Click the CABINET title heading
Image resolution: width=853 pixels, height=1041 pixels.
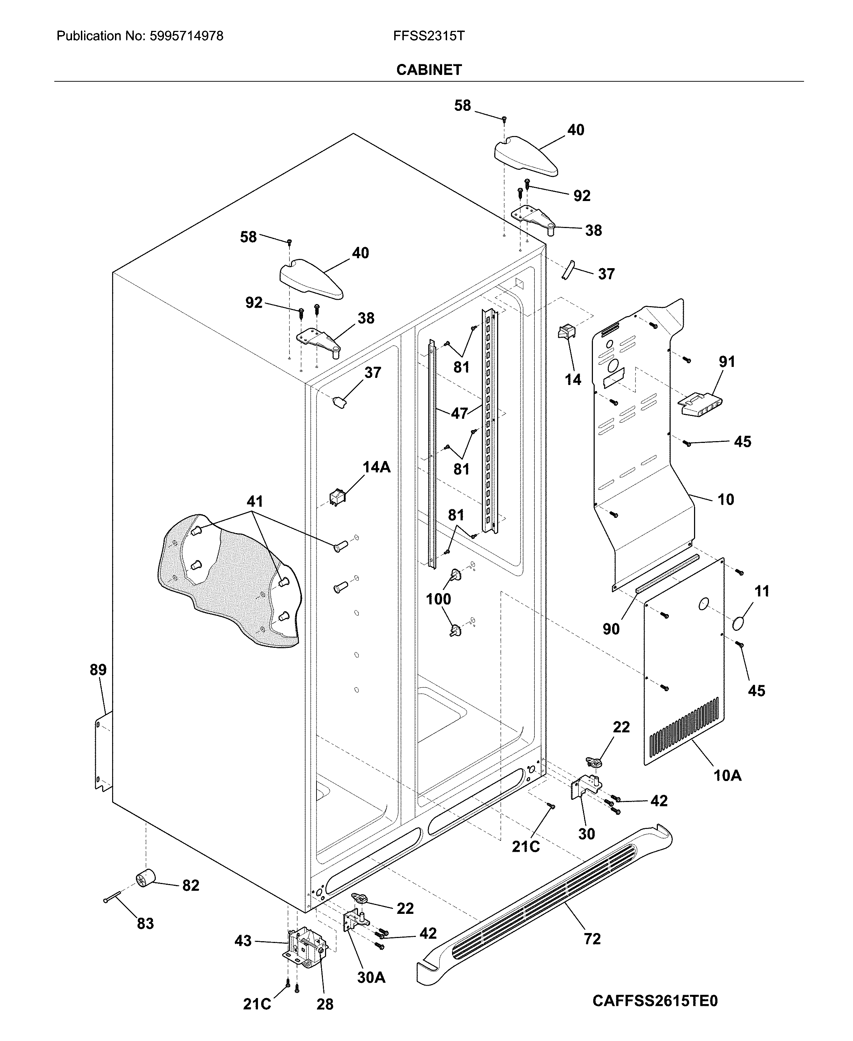pos(429,70)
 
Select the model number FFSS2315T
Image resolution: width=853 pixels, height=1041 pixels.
pos(429,36)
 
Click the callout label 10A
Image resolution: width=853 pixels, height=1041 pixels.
pos(727,775)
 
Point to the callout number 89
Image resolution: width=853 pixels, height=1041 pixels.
pos(98,670)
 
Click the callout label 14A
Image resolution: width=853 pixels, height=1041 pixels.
pos(376,467)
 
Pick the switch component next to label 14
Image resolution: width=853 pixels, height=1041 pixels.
pos(566,332)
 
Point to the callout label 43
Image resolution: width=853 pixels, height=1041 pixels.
pos(243,941)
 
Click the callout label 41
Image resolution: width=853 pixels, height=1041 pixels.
pos(254,501)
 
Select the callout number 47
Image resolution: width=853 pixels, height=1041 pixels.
pos(459,413)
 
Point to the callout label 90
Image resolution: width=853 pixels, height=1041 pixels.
pos(611,629)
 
